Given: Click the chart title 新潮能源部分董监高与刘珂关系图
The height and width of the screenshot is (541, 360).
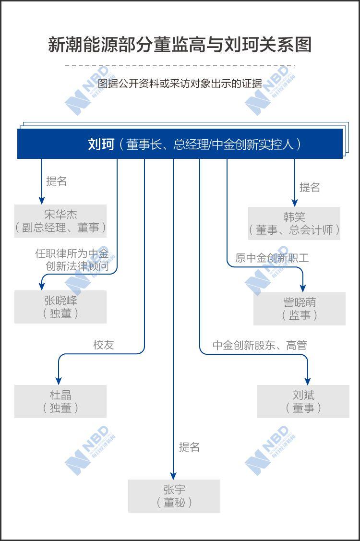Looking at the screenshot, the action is [180, 45].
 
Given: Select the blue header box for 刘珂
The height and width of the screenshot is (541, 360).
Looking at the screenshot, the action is [180, 144].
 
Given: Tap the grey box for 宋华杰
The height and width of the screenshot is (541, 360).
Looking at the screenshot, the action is [60, 221].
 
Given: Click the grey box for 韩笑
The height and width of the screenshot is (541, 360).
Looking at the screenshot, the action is [294, 223].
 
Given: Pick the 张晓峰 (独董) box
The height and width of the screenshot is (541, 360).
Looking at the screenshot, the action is [60, 307].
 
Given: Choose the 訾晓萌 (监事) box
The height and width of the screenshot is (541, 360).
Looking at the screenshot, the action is [299, 309].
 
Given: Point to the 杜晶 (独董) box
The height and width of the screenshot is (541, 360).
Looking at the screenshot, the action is [60, 401].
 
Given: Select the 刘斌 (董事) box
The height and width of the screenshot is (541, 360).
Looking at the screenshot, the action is [303, 401].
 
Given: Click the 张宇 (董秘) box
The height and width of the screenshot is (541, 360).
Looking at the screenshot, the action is [174, 496].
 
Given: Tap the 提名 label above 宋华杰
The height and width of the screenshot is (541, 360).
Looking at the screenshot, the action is [56, 181].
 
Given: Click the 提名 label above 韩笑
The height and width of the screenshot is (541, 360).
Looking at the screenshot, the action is [310, 187].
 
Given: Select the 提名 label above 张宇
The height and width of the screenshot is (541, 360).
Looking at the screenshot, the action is [189, 447].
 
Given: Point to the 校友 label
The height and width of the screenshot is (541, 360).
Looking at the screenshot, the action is [103, 345].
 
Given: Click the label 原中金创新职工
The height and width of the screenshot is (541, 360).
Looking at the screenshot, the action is [272, 258].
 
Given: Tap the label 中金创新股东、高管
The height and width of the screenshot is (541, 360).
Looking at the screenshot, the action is [260, 345].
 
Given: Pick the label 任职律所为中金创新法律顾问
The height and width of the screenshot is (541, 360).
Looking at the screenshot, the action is [72, 260].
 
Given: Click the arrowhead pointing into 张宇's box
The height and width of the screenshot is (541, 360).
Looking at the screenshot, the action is [173, 476].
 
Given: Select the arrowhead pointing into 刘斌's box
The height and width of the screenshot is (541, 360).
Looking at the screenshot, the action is [307, 381].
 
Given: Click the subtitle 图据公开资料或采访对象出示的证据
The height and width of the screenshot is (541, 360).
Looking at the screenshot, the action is [180, 84].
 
